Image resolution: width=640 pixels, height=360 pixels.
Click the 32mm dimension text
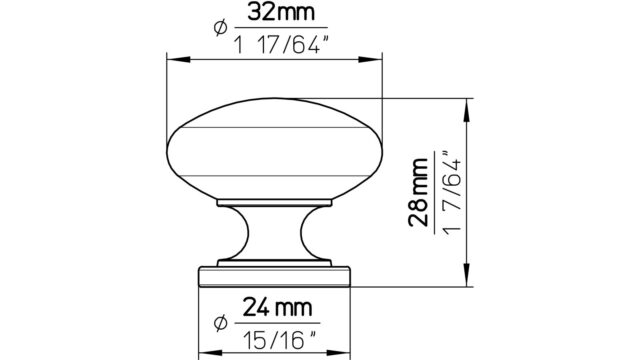coord(281,13)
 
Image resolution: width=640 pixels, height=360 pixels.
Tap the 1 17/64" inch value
coord(281,45)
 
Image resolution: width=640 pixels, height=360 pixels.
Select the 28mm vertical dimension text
coord(419,192)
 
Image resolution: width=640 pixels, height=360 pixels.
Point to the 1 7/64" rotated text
coord(451,192)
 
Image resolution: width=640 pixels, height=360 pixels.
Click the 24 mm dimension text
coord(278,307)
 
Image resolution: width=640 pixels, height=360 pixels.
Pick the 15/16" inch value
coord(280,340)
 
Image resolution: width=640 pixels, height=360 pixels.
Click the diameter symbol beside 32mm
coord(220,28)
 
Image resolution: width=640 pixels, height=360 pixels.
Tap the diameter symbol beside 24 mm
coord(220,323)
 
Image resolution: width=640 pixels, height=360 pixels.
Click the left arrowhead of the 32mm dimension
coord(178,60)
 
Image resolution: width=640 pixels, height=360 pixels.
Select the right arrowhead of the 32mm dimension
coord(370,60)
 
